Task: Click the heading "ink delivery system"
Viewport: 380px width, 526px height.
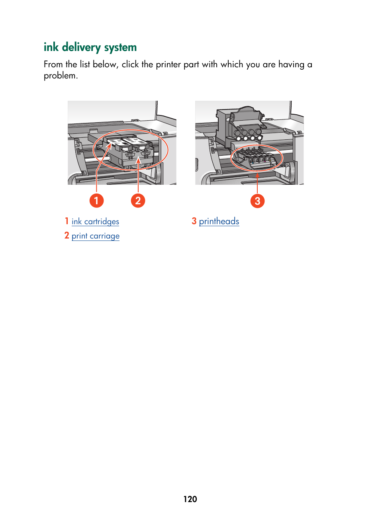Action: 90,47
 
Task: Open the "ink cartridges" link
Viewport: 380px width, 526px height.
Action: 95,221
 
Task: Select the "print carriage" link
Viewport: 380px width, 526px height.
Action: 95,236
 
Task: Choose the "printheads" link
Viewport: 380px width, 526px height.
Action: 219,221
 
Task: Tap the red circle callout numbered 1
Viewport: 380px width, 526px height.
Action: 96,200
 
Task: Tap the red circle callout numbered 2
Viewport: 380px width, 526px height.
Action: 138,200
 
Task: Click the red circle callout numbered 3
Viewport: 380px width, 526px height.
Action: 257,201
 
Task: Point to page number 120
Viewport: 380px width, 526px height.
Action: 190,499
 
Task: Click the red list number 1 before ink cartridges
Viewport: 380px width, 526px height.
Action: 67,221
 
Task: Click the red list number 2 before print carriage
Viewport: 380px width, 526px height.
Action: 67,236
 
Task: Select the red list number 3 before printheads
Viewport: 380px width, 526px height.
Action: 194,221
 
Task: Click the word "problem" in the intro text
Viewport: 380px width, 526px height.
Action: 60,76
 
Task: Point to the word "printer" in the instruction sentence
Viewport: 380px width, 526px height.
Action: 168,65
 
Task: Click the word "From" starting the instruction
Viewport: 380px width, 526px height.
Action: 53,65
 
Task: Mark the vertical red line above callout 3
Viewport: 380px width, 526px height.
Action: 257,184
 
